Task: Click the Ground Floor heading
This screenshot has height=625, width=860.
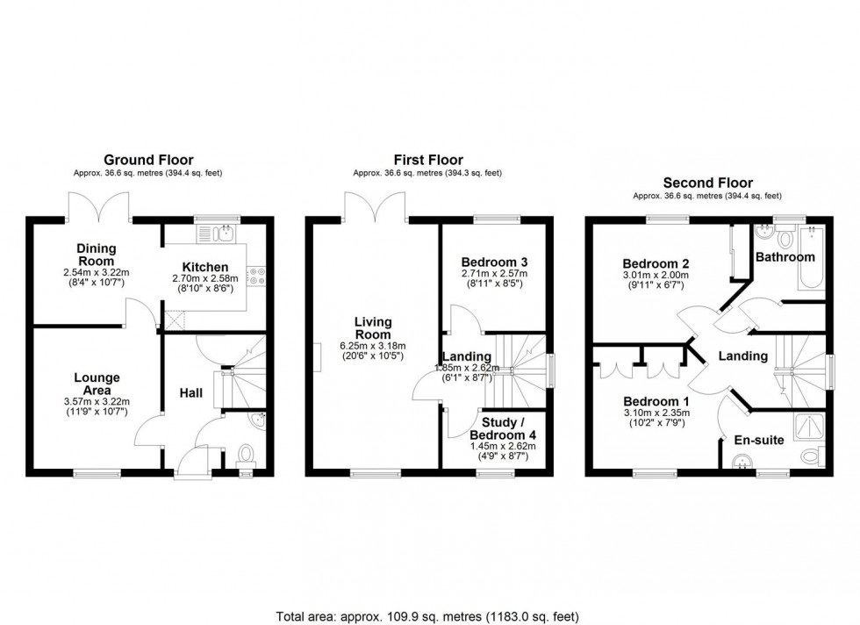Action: coord(147,160)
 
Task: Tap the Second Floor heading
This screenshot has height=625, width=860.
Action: coord(707,183)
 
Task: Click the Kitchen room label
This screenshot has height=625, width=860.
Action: coord(205,267)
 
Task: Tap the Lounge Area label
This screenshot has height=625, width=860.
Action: coord(97,384)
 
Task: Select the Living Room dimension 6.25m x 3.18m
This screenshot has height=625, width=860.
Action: coord(372,345)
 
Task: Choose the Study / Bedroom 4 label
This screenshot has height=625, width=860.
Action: coord(502,429)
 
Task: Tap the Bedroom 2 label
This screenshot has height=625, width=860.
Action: coord(655,263)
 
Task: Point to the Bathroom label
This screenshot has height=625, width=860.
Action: coord(787,257)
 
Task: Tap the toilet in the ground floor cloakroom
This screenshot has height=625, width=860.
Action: coord(245,455)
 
